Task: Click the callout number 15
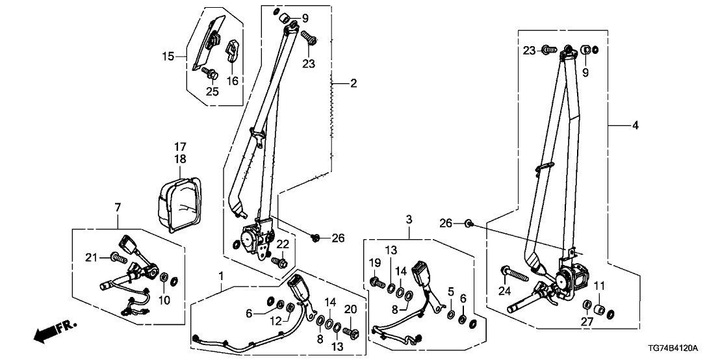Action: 168,57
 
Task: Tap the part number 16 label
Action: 232,81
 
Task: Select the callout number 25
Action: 212,92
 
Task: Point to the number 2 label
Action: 354,83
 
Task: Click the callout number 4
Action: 636,125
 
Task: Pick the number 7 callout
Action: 118,207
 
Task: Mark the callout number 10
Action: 164,300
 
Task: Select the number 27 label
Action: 587,320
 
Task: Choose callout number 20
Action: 351,308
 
